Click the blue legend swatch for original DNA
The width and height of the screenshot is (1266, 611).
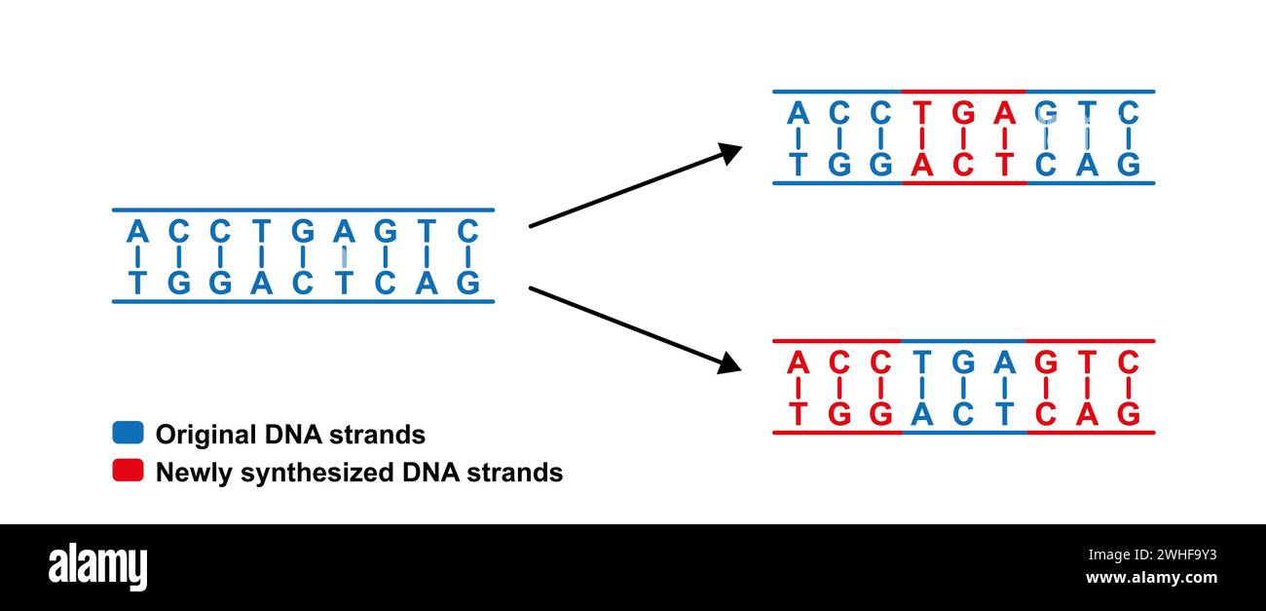(x=128, y=433)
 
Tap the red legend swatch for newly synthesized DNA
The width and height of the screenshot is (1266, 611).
(x=128, y=471)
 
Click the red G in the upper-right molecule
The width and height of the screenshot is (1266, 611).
(x=963, y=114)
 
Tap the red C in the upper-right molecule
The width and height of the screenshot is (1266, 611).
(x=963, y=165)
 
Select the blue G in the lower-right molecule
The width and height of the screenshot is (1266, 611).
(x=963, y=363)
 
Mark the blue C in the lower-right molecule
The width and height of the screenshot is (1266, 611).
(x=963, y=414)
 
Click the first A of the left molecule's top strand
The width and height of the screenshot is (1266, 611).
(x=137, y=232)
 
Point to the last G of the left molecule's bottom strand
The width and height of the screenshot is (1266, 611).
(x=468, y=283)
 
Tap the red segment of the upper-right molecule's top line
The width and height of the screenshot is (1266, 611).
(x=963, y=92)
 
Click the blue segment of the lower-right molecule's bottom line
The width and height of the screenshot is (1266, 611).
(x=963, y=432)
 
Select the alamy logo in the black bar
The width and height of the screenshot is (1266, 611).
(x=97, y=567)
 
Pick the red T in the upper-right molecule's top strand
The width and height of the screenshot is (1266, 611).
(x=921, y=114)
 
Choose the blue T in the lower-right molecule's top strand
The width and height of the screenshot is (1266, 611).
(x=921, y=363)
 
